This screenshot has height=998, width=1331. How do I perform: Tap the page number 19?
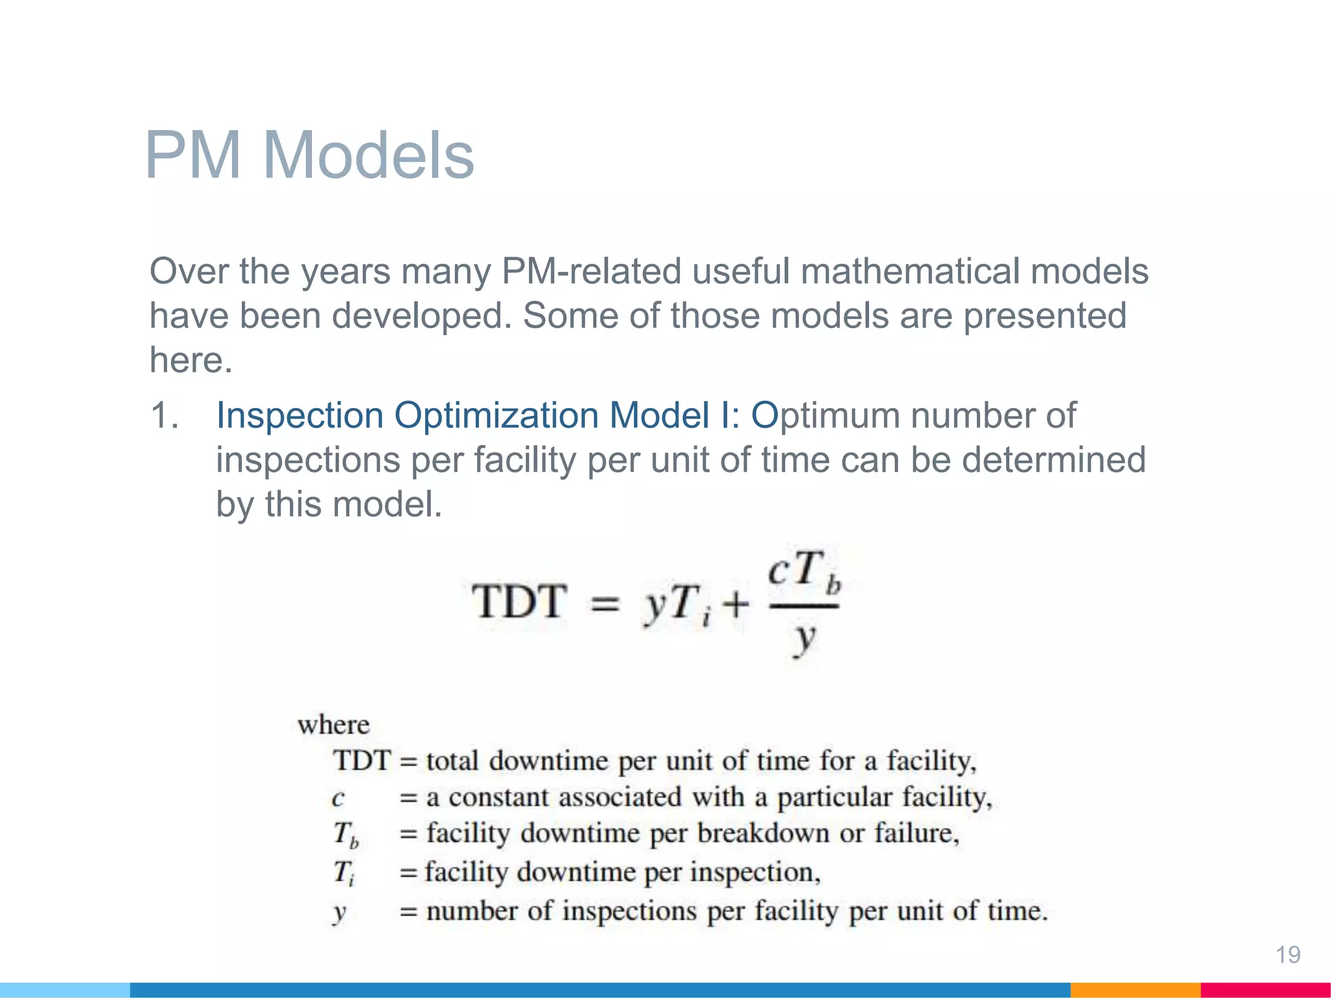(1287, 954)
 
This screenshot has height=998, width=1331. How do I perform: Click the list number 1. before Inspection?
(164, 415)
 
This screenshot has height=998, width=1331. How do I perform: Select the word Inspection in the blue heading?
(299, 416)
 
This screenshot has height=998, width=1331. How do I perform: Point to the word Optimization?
(496, 416)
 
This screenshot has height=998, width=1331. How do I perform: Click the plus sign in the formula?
(736, 605)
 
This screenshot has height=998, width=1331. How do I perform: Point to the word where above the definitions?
(333, 725)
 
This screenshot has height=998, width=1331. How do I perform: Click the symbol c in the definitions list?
(337, 798)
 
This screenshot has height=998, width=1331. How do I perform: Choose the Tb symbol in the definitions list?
(345, 835)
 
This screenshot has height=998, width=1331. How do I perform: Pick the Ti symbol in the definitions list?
(344, 873)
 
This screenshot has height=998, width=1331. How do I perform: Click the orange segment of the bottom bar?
(1135, 990)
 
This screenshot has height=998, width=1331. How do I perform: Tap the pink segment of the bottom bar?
(1265, 990)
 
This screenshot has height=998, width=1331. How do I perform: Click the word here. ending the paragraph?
(190, 360)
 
